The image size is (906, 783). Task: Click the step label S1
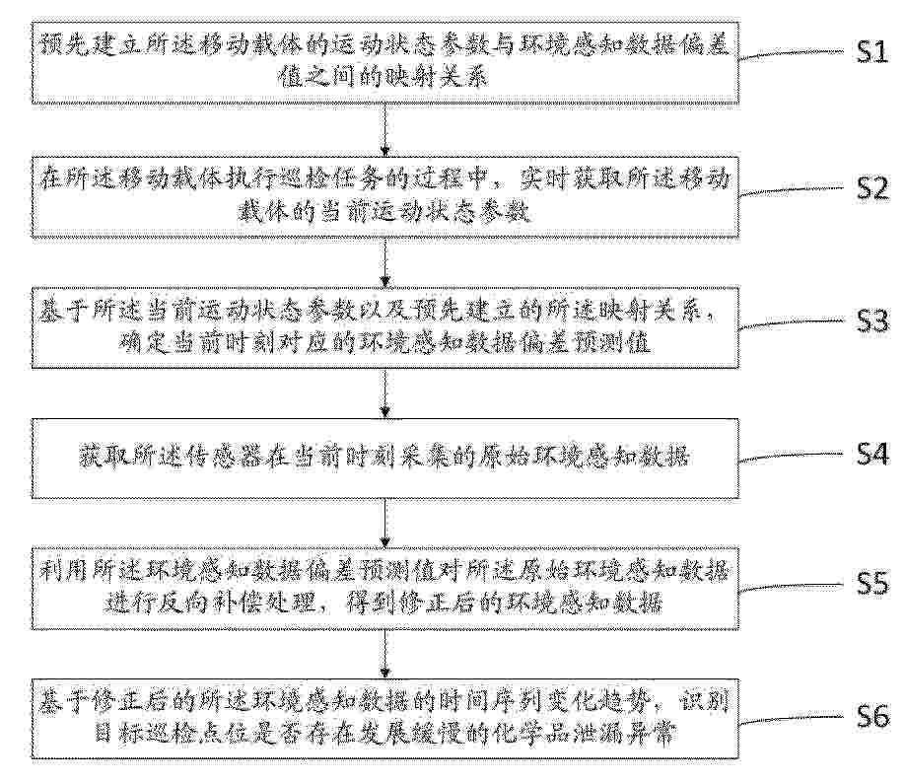(871, 52)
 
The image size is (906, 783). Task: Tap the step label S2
(871, 188)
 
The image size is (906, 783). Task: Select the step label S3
(871, 321)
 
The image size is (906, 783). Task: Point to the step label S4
(871, 455)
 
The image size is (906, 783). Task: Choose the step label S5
(871, 584)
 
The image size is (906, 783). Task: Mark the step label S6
(871, 717)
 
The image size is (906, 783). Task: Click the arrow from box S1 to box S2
(385, 130)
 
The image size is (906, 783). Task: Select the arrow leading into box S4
(385, 393)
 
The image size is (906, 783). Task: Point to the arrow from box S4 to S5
(385, 523)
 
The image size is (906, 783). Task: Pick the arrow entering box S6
(385, 654)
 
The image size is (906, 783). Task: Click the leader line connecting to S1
(792, 53)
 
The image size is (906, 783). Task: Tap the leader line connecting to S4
(792, 457)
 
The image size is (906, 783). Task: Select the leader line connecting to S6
(792, 719)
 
